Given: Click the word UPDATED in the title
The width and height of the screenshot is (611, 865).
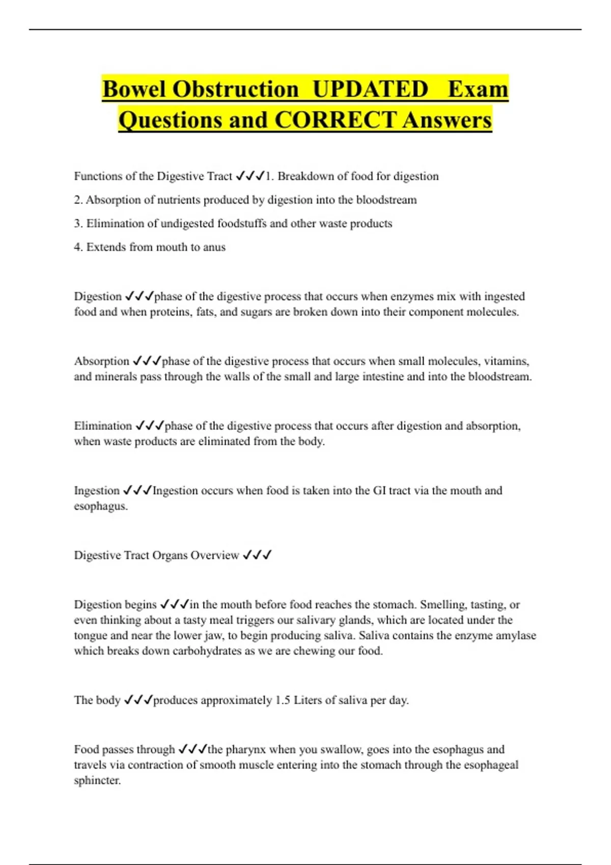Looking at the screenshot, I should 370,90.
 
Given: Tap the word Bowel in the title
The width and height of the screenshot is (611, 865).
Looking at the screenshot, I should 135,90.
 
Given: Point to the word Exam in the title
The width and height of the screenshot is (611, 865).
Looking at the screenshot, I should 478,90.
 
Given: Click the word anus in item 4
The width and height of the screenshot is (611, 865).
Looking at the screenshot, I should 214,247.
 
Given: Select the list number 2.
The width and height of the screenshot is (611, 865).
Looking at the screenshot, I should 78,200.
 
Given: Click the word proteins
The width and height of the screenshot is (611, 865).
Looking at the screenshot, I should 171,312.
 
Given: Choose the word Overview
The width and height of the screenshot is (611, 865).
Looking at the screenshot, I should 214,555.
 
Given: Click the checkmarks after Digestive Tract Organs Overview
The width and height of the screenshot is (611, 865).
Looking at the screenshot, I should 257,555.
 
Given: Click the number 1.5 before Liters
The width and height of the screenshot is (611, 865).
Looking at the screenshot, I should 283,700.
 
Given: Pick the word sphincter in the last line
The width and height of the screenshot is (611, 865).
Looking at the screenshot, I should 97,781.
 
